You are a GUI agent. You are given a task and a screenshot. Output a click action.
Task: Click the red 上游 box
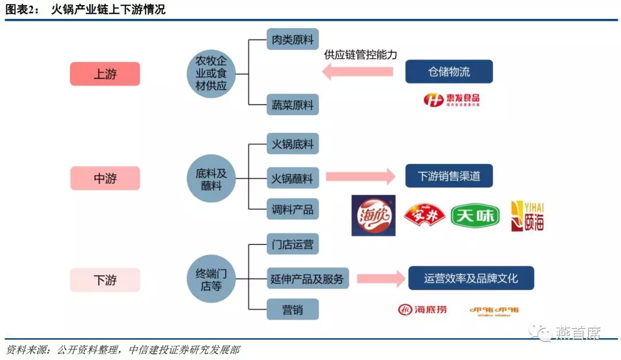105,74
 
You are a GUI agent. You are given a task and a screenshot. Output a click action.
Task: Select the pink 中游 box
105,178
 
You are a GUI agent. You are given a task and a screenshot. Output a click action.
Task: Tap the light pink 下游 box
105,280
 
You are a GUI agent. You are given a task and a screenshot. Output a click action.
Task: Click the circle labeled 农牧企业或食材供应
211,74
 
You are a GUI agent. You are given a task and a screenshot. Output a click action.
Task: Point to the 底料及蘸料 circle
211,178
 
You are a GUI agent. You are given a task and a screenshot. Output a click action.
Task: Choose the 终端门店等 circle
211,279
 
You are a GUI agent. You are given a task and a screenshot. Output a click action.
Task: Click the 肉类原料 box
293,40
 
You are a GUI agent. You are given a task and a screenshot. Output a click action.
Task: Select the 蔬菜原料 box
293,105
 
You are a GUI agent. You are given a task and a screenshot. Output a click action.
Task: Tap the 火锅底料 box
293,144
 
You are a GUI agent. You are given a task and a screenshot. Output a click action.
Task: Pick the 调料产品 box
293,209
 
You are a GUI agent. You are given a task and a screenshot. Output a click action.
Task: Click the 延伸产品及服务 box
307,279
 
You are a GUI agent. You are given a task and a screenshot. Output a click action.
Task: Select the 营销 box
293,309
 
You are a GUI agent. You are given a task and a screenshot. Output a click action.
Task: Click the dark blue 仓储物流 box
449,72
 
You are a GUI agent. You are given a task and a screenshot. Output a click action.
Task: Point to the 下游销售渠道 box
449,176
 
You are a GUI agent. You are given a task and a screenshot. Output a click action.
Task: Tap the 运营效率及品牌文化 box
471,278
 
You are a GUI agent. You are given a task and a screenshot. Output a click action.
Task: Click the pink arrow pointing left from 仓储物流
357,72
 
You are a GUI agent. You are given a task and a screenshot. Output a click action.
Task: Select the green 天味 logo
475,216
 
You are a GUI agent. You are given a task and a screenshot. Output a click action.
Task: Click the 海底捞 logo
423,310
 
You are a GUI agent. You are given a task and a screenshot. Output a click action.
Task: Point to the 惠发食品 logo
451,99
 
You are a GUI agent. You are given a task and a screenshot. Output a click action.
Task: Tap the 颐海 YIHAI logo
527,216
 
